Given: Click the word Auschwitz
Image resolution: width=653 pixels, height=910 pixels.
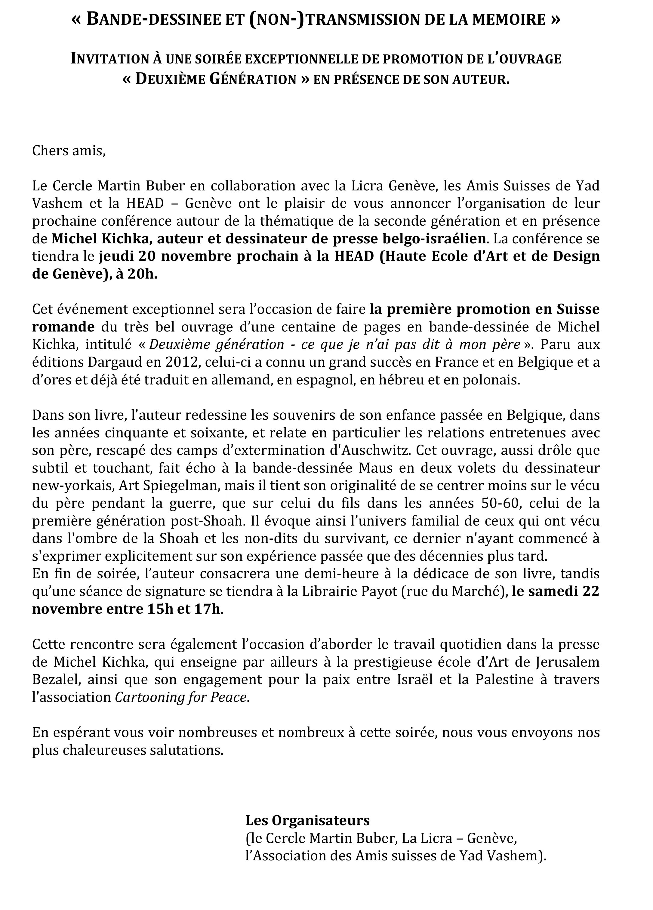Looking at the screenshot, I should click(375, 450).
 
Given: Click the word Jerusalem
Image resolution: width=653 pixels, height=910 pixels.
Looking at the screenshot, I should click(567, 662).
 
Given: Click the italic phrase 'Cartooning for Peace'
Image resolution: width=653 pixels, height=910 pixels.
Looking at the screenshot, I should click(181, 697).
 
